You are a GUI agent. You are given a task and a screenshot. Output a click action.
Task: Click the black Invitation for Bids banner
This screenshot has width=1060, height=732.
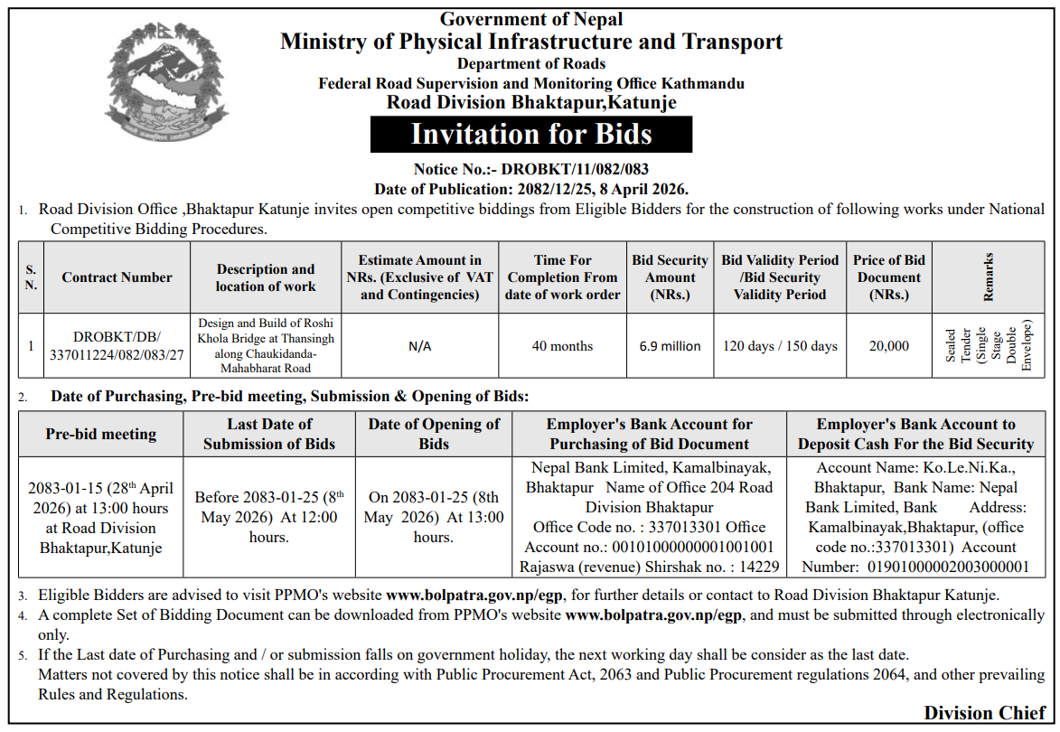point(531,135)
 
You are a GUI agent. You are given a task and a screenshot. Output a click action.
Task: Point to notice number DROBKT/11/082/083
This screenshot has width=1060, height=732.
point(575,169)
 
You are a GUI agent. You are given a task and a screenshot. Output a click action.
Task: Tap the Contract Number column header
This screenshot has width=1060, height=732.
point(117,277)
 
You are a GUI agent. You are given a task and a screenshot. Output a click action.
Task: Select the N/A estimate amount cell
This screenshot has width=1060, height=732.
point(419,346)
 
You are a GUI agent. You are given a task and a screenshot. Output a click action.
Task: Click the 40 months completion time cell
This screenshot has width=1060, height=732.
point(562,346)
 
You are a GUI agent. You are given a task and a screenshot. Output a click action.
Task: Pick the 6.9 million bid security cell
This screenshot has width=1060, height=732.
point(670,346)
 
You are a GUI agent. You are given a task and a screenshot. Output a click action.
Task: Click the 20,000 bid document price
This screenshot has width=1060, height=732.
point(888,346)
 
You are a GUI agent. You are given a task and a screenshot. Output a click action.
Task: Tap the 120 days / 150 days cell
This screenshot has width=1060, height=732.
point(780,346)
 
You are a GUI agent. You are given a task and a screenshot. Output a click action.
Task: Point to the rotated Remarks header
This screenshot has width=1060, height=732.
point(989,277)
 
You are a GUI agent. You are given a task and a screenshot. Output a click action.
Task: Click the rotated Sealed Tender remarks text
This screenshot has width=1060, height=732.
point(988,346)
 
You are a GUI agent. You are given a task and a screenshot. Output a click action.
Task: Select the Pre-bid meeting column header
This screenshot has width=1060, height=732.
point(101,434)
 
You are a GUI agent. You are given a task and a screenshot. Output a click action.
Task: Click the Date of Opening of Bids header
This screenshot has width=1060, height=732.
point(434,434)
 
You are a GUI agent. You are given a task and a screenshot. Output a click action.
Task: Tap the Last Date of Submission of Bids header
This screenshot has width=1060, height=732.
point(269,434)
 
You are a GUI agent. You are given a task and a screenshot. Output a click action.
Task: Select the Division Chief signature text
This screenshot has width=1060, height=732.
point(985,713)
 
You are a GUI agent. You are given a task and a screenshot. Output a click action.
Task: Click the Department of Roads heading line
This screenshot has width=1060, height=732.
point(531,63)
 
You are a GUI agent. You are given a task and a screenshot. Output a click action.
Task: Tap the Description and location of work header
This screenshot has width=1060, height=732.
point(266,277)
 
